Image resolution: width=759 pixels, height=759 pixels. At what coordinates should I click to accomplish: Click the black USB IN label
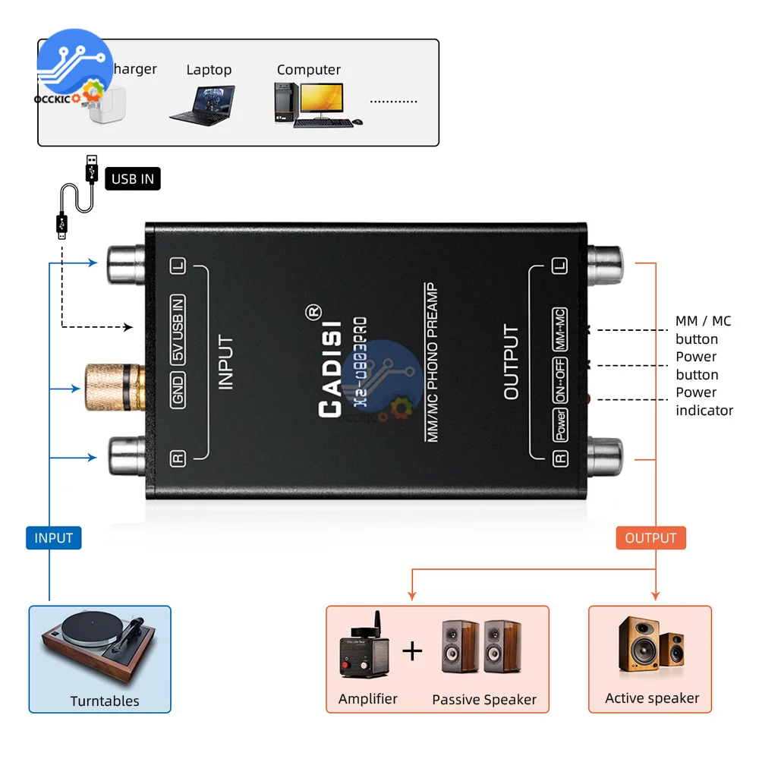[x=133, y=179]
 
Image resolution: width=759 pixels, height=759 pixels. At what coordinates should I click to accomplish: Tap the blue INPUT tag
[x=53, y=538]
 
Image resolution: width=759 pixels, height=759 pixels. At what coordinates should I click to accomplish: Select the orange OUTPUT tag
[x=650, y=538]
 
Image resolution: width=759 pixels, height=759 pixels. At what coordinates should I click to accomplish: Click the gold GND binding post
[x=112, y=388]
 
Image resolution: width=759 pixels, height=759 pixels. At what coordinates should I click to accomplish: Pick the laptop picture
[x=202, y=105]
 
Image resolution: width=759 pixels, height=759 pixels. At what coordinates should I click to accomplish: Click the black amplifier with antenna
[x=364, y=650]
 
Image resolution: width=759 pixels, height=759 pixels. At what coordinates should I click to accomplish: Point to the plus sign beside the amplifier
[x=412, y=650]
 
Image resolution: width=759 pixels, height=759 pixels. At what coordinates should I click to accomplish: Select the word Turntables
[x=105, y=701]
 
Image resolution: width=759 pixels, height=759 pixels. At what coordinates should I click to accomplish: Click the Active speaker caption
[x=652, y=698]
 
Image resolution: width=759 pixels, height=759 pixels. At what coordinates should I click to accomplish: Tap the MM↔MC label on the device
[x=559, y=329]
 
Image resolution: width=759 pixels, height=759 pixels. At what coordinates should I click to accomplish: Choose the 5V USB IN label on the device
[x=178, y=329]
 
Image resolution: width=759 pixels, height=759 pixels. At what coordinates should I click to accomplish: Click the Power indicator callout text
[x=704, y=402]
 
